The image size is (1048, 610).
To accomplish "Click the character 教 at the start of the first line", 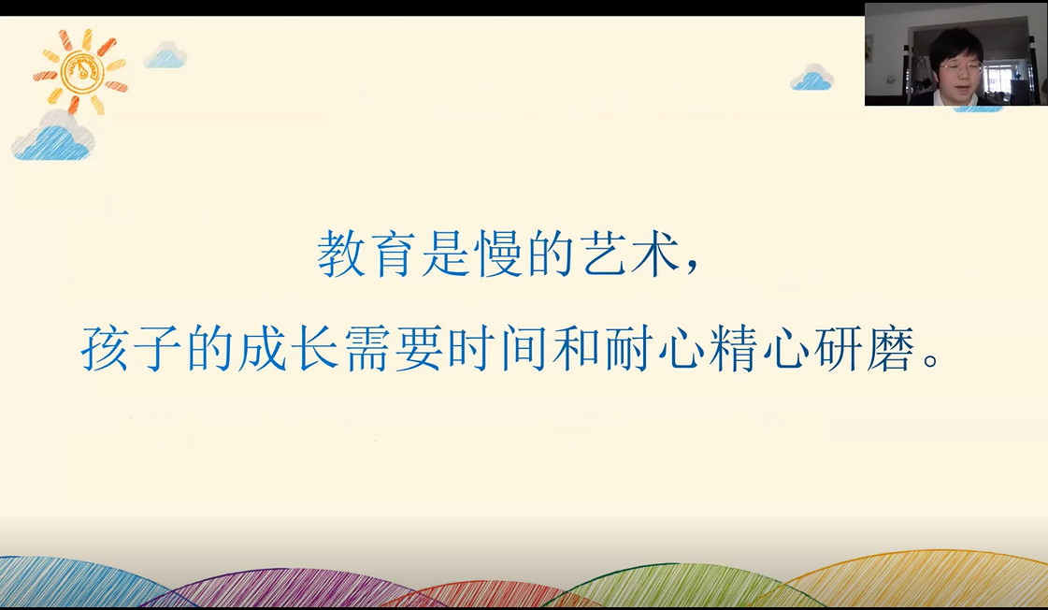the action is tap(341, 254).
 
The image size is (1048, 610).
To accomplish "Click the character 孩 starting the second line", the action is tap(105, 348).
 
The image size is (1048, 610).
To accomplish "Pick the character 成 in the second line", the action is tap(263, 348).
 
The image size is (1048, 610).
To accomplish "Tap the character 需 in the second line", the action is tap(367, 348).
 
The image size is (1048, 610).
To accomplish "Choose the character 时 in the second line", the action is tap(472, 348).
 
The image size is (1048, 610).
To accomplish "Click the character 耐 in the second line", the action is tap(629, 348).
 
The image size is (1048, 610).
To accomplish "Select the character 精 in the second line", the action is tap(734, 348).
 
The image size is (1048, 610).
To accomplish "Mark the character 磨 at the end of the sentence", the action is tap(891, 348).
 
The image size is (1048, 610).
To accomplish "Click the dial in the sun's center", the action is tap(81, 71).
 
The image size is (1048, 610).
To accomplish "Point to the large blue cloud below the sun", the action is tap(52, 138).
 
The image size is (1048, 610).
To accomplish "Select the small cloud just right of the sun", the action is tap(165, 55).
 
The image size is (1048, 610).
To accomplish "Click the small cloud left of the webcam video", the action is tap(811, 78).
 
